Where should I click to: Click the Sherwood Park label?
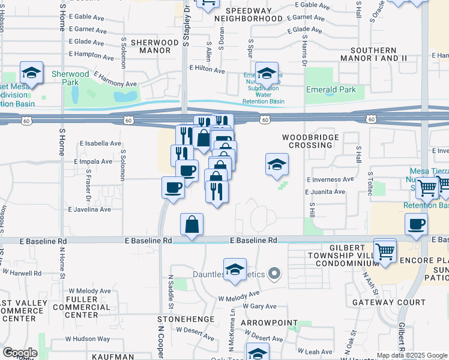tap(71, 78)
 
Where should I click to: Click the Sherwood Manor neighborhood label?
tap(155, 47)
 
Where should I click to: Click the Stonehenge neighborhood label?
tap(178, 319)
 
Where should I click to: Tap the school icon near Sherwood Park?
tap(31, 74)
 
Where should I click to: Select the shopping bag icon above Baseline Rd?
tap(191, 225)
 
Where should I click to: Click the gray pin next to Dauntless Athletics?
tap(274, 274)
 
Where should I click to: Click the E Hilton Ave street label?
tap(207, 70)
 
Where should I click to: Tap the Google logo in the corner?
tap(19, 352)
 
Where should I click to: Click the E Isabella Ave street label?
tap(100, 143)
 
